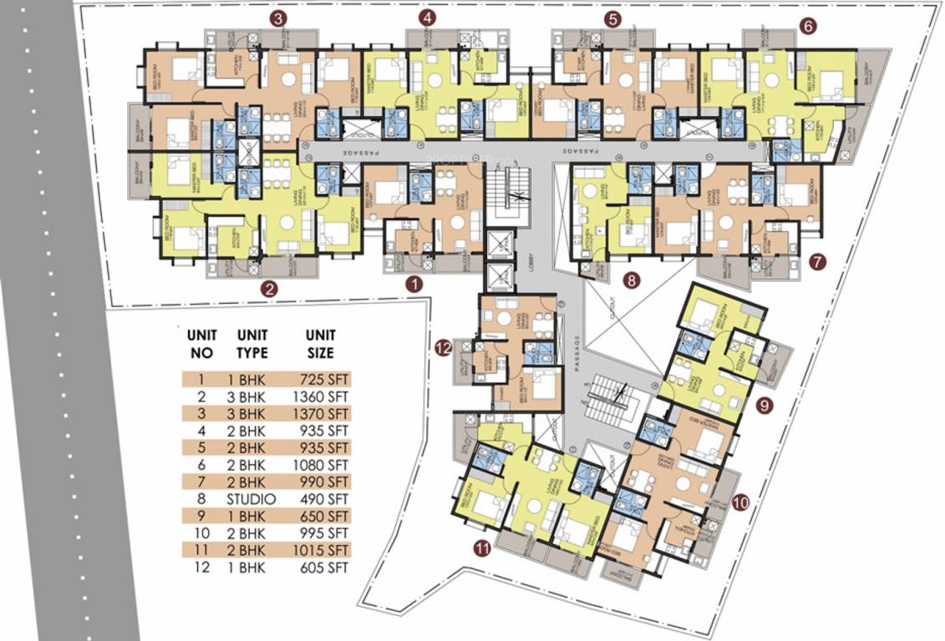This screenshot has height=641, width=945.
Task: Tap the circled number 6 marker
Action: coord(807,26)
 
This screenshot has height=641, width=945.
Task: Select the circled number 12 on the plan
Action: coord(443,347)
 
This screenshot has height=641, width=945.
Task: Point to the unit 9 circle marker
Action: coord(764,406)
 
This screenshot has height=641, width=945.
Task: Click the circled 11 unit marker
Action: coord(481,548)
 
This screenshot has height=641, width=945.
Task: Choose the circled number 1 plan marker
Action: coord(414,284)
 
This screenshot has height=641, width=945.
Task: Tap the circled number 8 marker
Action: coord(632,281)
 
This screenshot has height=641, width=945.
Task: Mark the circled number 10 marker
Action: coord(741,502)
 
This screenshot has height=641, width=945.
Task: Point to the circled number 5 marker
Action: coord(614,18)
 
